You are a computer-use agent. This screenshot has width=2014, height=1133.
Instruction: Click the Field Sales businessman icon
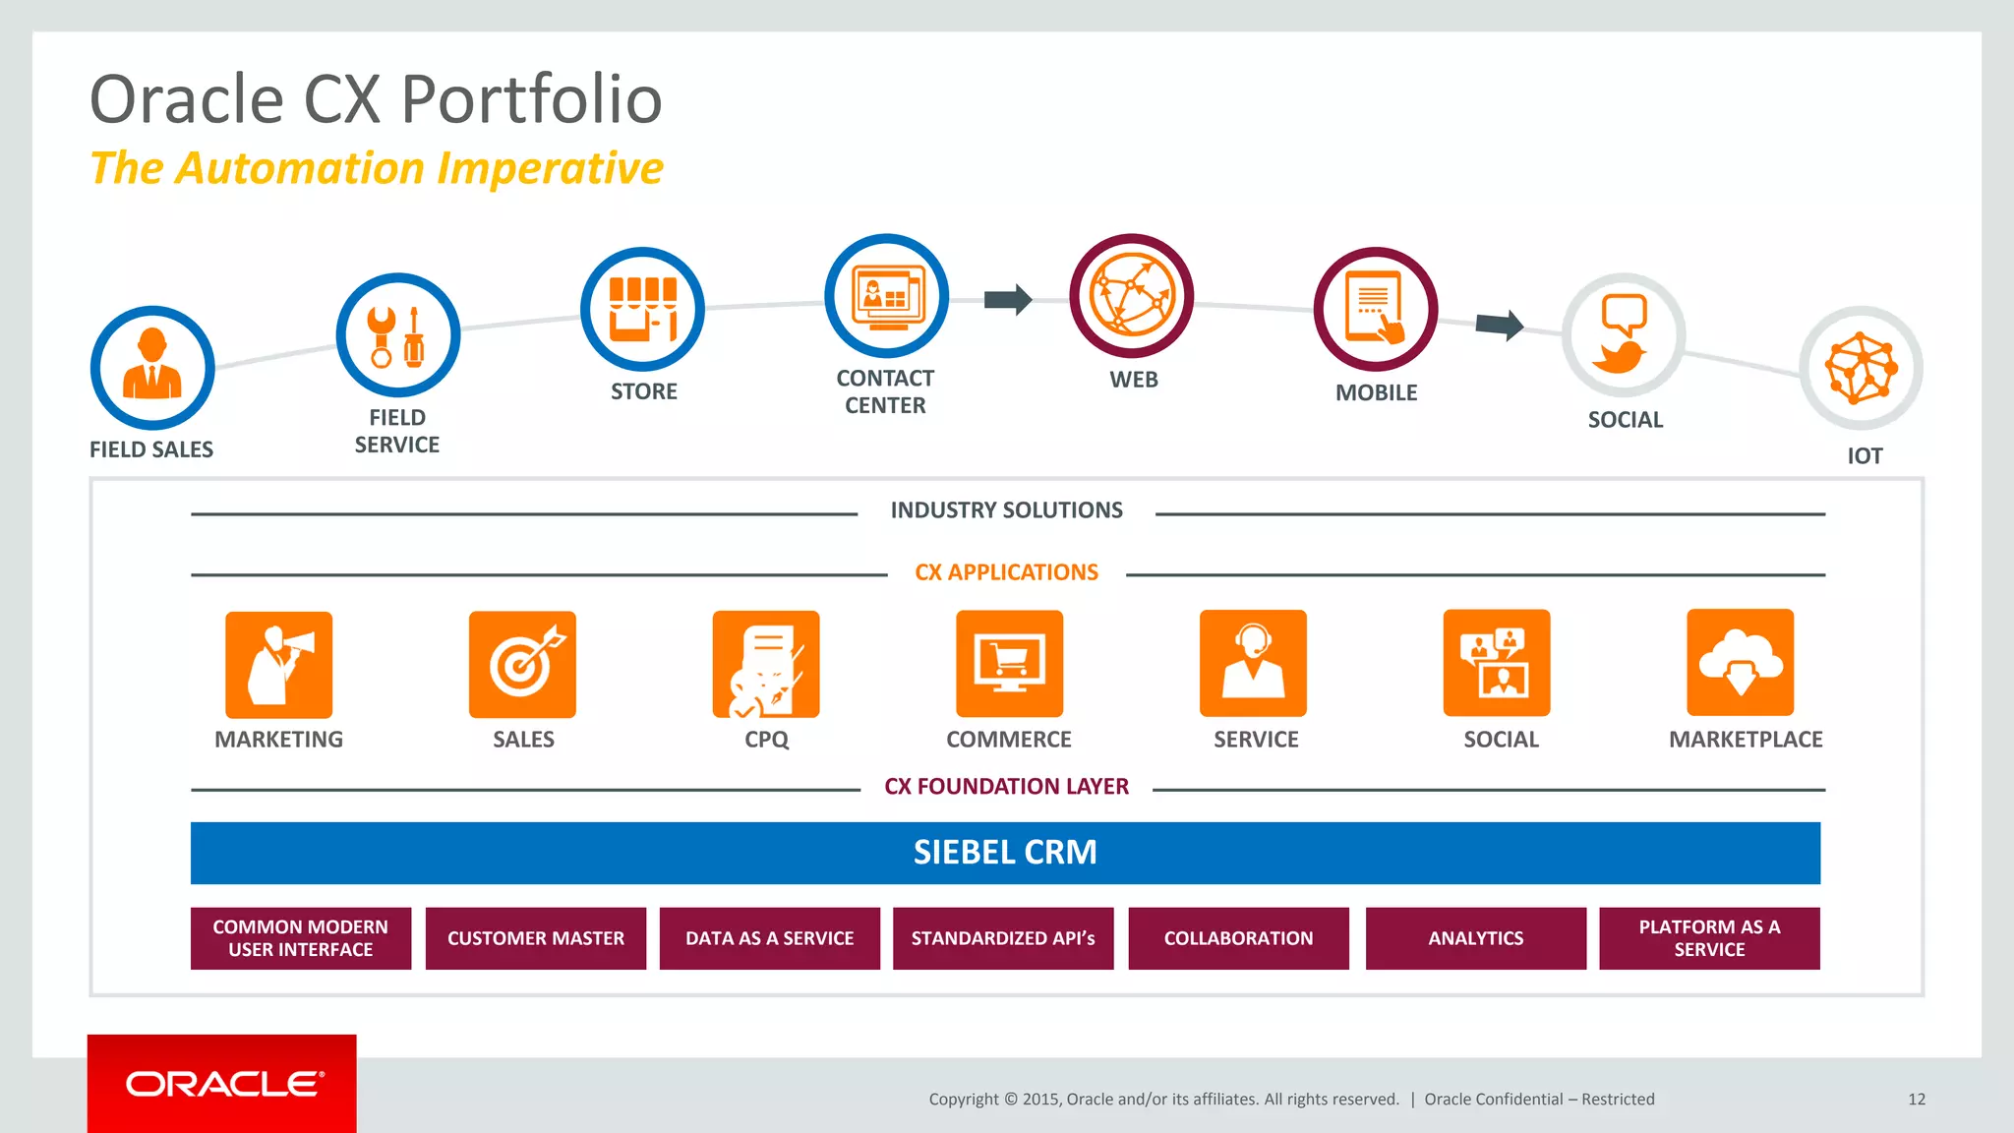point(152,368)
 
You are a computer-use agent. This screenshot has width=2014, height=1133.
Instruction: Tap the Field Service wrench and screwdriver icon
point(397,335)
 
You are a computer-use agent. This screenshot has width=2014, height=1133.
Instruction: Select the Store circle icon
point(642,309)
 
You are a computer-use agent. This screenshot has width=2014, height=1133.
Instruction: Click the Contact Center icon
point(886,296)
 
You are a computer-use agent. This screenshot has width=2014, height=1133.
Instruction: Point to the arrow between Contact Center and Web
point(1008,299)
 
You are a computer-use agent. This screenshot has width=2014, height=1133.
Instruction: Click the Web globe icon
point(1131,296)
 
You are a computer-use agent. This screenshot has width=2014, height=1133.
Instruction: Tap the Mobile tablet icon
point(1375,309)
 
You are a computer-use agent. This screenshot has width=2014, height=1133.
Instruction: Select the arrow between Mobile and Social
point(1500,324)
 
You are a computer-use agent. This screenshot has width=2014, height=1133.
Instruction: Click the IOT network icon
point(1861,369)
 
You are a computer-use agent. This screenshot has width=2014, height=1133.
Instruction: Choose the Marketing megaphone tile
point(278,665)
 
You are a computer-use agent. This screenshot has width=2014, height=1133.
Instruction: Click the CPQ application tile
point(766,665)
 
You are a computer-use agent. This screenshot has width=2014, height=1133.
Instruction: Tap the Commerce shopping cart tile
point(1009,664)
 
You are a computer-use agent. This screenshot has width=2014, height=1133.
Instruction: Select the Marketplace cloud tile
point(1740,663)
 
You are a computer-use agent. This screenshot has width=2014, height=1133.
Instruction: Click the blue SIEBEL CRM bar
point(1005,853)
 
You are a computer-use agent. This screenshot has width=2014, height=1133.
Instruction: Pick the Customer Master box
point(536,938)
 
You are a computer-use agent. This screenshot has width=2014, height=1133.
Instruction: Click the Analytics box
point(1475,938)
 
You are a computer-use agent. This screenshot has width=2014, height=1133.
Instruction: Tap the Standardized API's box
point(1003,938)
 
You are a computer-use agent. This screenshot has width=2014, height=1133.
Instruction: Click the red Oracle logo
point(222,1084)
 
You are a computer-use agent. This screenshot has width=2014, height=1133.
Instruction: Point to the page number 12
point(1916,1100)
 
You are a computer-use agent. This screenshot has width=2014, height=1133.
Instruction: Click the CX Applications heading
point(1006,572)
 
